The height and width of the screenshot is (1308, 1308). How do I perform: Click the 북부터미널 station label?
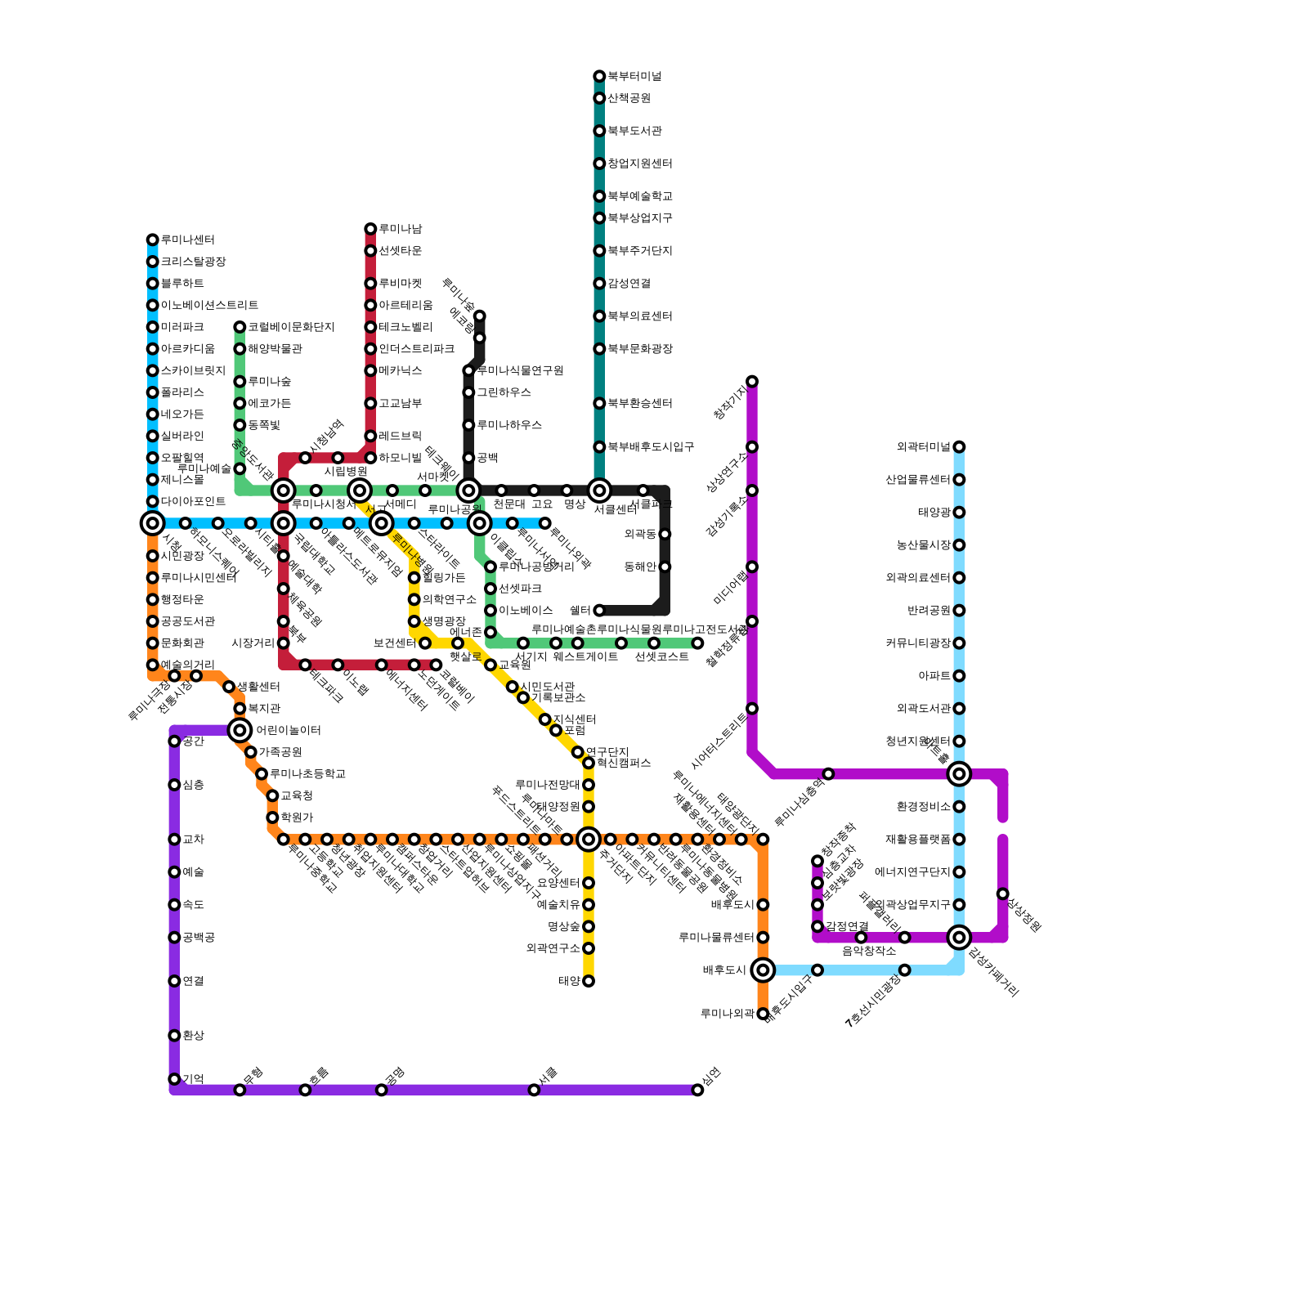pyautogui.click(x=634, y=77)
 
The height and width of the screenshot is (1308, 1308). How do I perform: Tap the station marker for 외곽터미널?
pyautogui.click(x=959, y=447)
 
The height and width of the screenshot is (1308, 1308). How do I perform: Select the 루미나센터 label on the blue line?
pyautogui.click(x=188, y=240)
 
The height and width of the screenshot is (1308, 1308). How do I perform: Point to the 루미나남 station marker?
pyautogui.click(x=370, y=229)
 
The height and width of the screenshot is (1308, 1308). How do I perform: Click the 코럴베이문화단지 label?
pyautogui.click(x=291, y=327)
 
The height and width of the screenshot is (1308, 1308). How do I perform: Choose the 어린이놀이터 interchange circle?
pyautogui.click(x=240, y=730)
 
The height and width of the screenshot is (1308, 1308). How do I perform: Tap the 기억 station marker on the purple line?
pyautogui.click(x=174, y=1079)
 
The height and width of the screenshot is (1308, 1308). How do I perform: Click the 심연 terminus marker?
pyautogui.click(x=697, y=1090)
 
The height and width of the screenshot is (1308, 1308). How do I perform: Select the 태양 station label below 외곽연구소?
pyautogui.click(x=570, y=981)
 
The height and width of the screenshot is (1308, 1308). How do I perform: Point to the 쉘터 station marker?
pyautogui.click(x=599, y=611)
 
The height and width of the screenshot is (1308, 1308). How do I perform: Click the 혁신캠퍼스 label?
pyautogui.click(x=624, y=764)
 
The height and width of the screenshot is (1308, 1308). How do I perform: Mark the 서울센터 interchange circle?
pyautogui.click(x=599, y=490)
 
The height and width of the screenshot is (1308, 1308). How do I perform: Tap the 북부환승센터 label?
pyautogui.click(x=640, y=404)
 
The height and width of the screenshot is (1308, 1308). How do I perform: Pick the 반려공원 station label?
pyautogui.click(x=929, y=611)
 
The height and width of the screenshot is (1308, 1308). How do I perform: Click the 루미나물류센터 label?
pyautogui.click(x=717, y=938)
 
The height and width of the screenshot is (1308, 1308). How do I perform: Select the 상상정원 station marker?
pyautogui.click(x=1003, y=894)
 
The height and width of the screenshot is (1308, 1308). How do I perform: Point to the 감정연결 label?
pyautogui.click(x=847, y=926)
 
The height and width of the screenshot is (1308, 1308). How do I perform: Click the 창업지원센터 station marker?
pyautogui.click(x=599, y=163)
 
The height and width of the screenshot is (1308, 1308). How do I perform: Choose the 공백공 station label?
pyautogui.click(x=199, y=938)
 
